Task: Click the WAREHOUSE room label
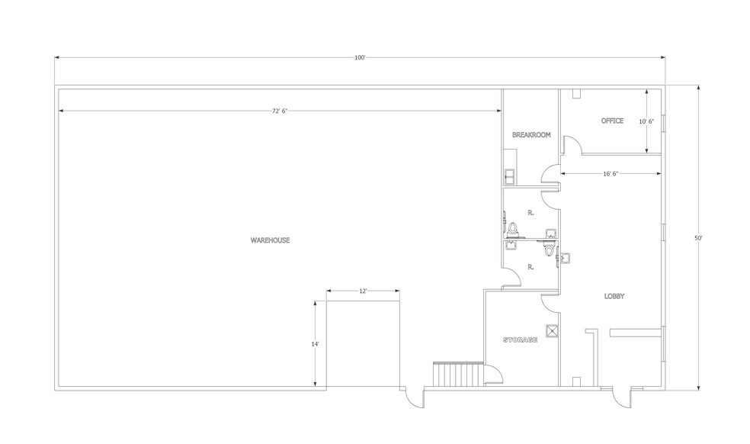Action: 270,240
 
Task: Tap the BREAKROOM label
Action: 530,135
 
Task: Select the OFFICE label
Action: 612,121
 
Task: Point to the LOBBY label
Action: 614,296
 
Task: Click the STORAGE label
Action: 521,339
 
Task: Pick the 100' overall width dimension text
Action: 360,58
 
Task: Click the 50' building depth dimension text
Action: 697,238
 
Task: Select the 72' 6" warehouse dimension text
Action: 280,111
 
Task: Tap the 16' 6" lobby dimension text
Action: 610,174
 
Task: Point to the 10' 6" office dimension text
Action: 646,121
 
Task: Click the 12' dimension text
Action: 364,291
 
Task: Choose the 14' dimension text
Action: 314,344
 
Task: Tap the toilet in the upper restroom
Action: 514,227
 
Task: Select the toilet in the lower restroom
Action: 549,249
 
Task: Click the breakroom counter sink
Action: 510,176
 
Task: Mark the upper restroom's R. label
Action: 530,214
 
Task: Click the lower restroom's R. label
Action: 530,268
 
